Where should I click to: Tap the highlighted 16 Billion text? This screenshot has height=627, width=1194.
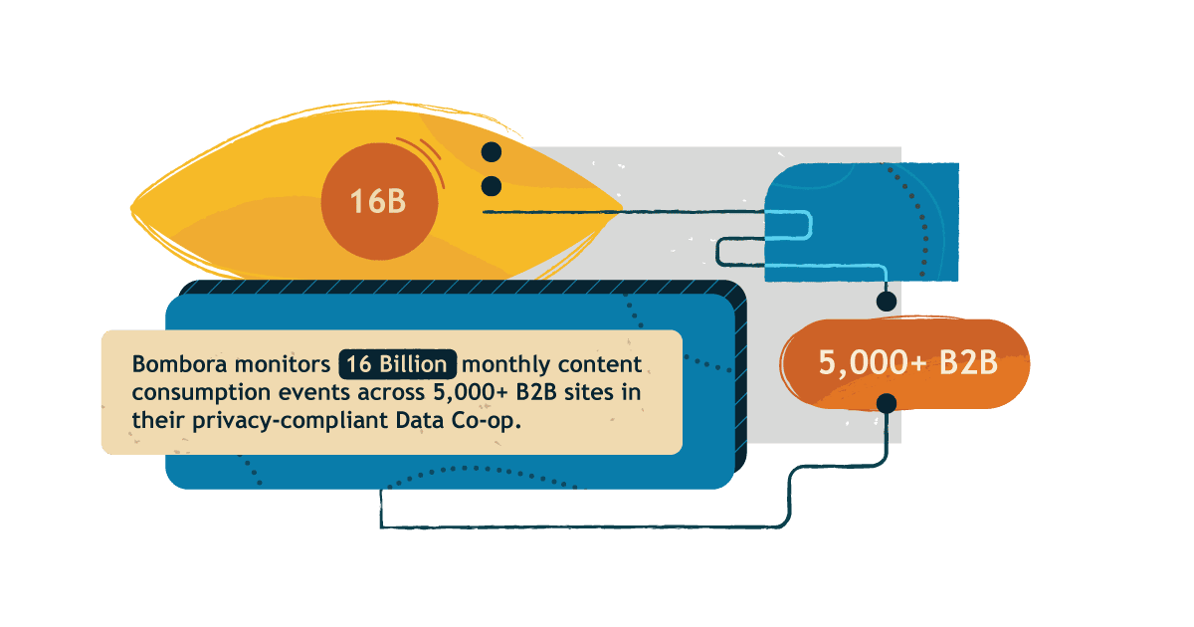click(x=398, y=363)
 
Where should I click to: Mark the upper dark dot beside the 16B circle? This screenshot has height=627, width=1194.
click(x=491, y=152)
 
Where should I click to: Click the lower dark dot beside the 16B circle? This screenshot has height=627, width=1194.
click(x=491, y=185)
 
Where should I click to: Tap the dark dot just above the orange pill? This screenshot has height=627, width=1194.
click(x=886, y=301)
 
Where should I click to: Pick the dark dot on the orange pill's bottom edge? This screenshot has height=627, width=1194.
click(x=886, y=402)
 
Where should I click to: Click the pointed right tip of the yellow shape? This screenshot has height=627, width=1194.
click(x=621, y=211)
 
